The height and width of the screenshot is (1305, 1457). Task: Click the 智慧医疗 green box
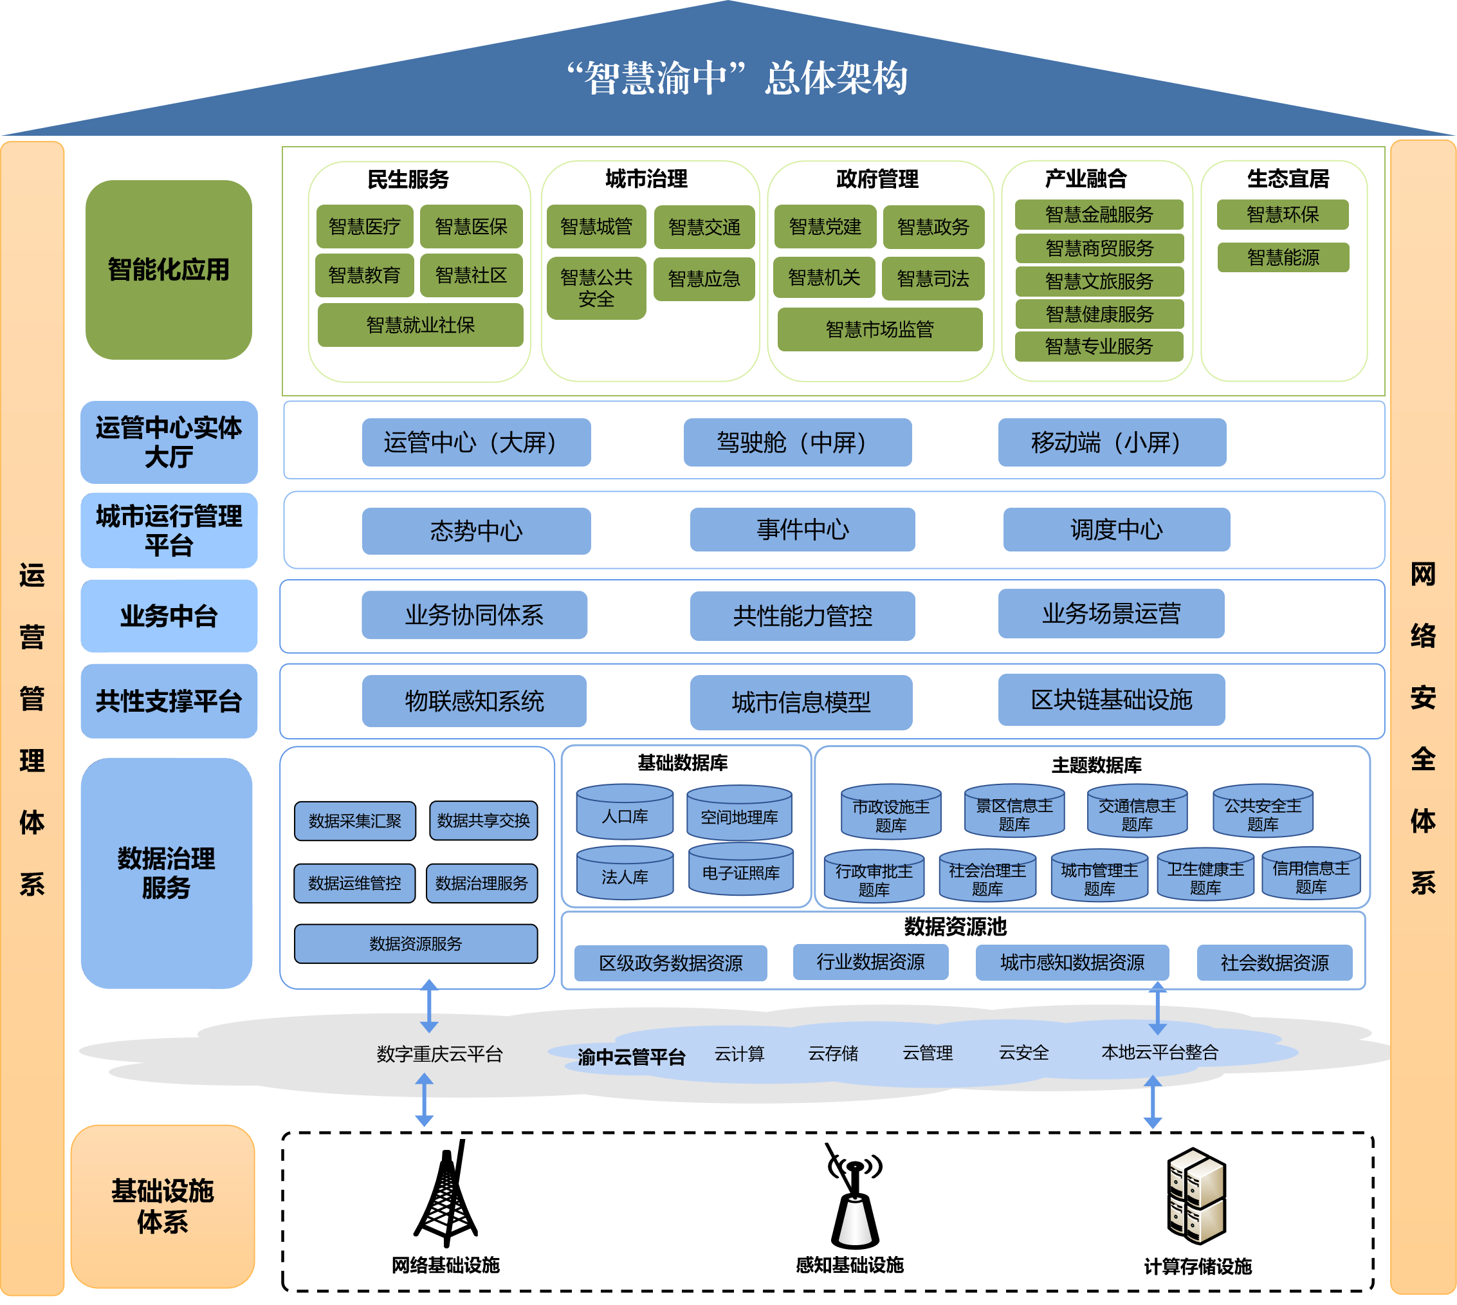click(364, 227)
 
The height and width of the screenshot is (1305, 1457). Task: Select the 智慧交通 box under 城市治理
click(704, 227)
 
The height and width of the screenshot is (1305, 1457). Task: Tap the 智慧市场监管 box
click(879, 329)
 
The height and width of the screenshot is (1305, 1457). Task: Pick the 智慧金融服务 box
click(1099, 214)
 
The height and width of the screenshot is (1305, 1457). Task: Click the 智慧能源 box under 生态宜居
click(1282, 257)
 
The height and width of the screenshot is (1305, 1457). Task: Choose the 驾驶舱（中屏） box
click(797, 443)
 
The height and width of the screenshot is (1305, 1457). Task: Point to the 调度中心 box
click(1116, 530)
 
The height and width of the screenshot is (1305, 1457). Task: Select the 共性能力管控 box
click(802, 616)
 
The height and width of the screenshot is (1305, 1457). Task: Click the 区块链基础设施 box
click(1111, 700)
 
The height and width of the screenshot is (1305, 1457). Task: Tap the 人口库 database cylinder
click(624, 813)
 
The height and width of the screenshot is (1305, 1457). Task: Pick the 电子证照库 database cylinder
click(740, 871)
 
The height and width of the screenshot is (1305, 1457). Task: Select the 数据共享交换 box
click(483, 820)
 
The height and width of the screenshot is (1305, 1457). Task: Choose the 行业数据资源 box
click(870, 961)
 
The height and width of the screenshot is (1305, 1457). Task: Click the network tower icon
click(446, 1193)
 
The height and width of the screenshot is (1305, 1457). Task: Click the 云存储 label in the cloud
click(833, 1053)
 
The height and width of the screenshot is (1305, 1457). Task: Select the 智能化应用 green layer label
click(169, 270)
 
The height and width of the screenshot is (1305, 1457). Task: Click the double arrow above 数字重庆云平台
click(428, 1006)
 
